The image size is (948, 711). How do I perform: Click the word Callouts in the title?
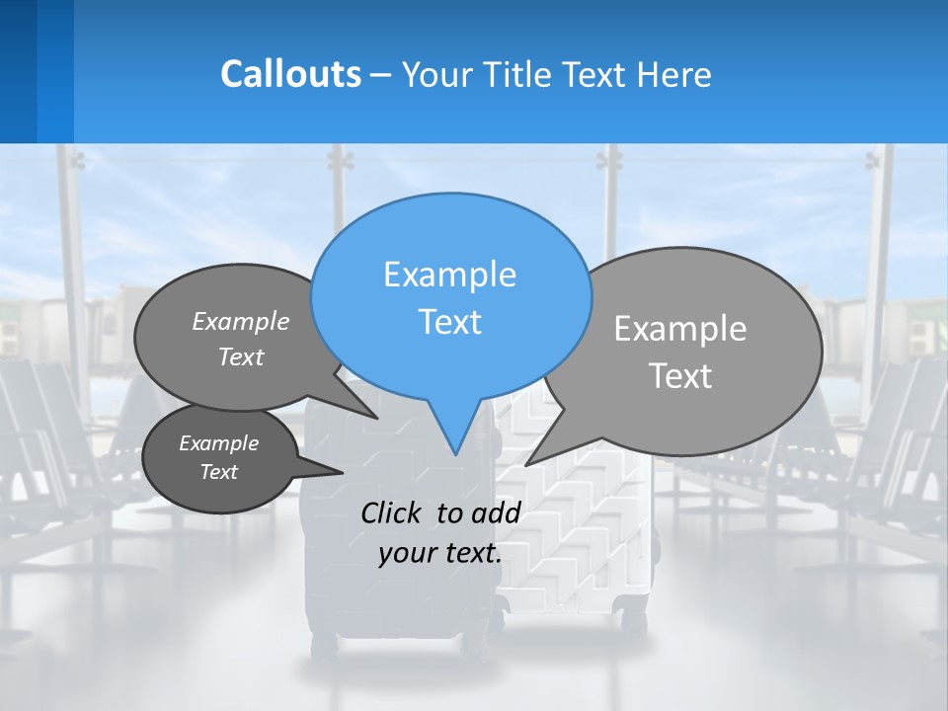(290, 74)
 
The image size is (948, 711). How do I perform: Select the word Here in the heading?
(674, 75)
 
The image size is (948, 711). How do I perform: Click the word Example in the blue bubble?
(449, 275)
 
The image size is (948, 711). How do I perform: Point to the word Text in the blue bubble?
(449, 322)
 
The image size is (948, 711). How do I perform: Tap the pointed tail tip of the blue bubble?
(455, 454)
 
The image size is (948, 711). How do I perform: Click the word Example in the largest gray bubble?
(679, 329)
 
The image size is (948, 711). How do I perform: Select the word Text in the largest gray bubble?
(679, 376)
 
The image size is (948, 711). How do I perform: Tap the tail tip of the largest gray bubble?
(526, 464)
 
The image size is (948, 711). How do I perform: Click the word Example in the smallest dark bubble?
(218, 443)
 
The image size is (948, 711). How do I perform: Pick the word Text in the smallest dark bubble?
(218, 472)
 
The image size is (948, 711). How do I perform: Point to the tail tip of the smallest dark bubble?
(343, 472)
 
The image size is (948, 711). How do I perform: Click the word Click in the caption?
(392, 513)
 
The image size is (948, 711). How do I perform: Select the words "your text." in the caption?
(439, 553)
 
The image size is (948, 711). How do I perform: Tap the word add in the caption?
(496, 513)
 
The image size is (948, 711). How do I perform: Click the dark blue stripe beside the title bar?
(18, 71)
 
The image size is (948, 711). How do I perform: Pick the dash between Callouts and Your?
(382, 75)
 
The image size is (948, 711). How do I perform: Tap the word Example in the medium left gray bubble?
(240, 322)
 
